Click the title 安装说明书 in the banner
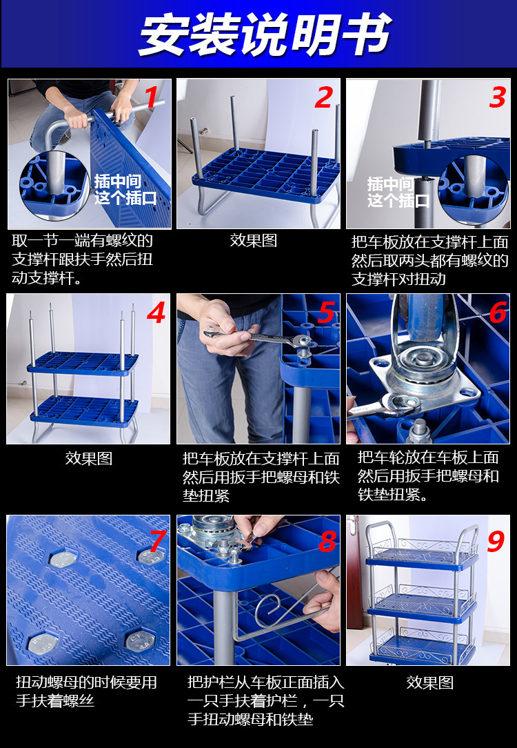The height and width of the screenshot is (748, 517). pyautogui.click(x=265, y=35)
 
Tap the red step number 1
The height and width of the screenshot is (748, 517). pyautogui.click(x=152, y=97)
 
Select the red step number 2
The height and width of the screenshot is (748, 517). pyautogui.click(x=324, y=98)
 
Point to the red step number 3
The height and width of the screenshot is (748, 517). pyautogui.click(x=498, y=97)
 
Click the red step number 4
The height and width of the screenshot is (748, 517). pyautogui.click(x=156, y=313)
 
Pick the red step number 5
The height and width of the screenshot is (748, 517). pyautogui.click(x=327, y=313)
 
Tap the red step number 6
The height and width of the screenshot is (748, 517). pyautogui.click(x=498, y=313)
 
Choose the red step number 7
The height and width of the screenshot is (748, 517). pyautogui.click(x=158, y=541)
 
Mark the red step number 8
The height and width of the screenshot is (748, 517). pyautogui.click(x=328, y=541)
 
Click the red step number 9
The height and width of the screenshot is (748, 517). pyautogui.click(x=496, y=541)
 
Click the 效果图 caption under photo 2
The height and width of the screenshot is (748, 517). pyautogui.click(x=254, y=240)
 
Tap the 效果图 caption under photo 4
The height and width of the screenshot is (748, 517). pyautogui.click(x=89, y=458)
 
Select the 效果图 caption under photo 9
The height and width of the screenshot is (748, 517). pyautogui.click(x=430, y=682)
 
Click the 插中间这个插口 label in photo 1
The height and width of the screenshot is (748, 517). pyautogui.click(x=125, y=189)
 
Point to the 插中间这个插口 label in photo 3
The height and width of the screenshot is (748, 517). pyautogui.click(x=398, y=192)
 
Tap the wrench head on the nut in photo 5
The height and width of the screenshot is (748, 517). pyautogui.click(x=301, y=341)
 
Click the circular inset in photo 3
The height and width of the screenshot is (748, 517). pyautogui.click(x=474, y=189)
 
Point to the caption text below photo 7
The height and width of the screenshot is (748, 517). pyautogui.click(x=86, y=691)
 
